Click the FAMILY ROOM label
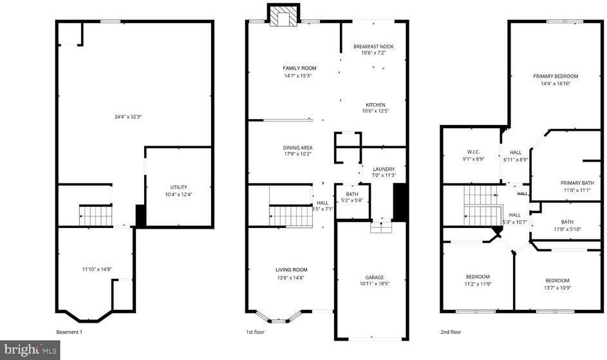pyautogui.click(x=300, y=68)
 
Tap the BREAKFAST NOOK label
pyautogui.click(x=373, y=46)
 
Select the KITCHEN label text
pyautogui.click(x=375, y=104)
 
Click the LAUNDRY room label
pyautogui.click(x=384, y=169)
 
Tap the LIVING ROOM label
pyautogui.click(x=292, y=270)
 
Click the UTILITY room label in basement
pyautogui.click(x=178, y=187)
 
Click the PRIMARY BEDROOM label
pyautogui.click(x=556, y=76)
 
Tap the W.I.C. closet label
pyautogui.click(x=475, y=152)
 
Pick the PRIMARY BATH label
pyautogui.click(x=577, y=182)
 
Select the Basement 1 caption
pyautogui.click(x=70, y=332)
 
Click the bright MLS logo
pyautogui.click(x=30, y=350)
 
